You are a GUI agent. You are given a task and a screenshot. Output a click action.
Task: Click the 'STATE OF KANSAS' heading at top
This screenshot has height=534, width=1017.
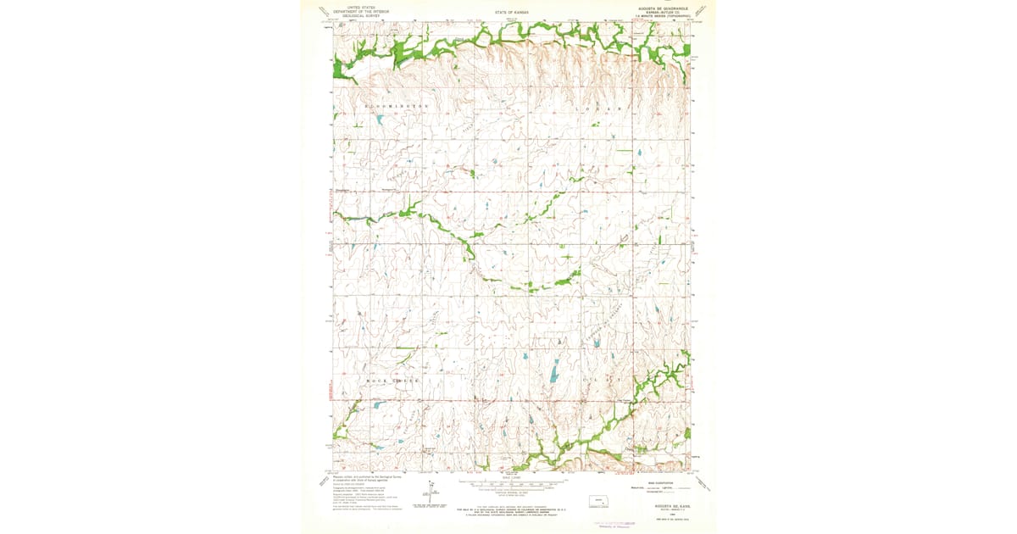[x=512, y=13]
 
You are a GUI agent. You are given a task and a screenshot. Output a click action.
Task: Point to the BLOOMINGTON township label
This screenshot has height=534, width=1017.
[x=394, y=106]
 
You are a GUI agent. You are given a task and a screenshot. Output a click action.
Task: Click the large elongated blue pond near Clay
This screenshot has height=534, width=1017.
[x=555, y=371]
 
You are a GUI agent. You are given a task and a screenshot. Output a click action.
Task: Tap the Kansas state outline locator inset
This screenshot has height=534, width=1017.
[x=601, y=501]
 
